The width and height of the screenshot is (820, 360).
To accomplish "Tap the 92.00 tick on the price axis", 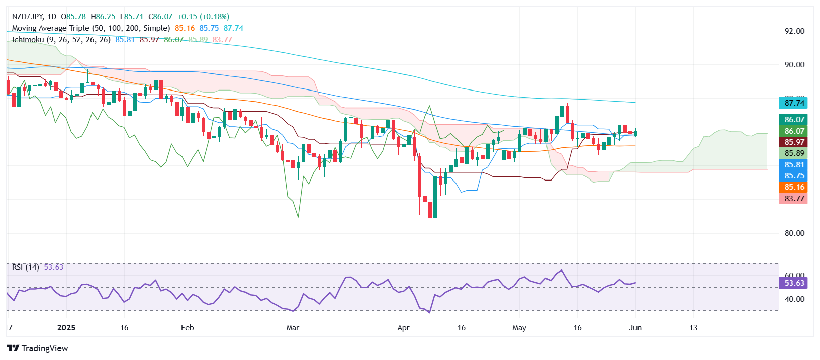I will point(794,31).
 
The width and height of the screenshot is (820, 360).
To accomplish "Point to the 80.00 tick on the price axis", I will point(794,233).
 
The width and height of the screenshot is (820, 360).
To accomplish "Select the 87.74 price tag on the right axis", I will point(794,103).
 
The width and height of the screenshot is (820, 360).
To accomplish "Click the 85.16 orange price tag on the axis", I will point(794,187).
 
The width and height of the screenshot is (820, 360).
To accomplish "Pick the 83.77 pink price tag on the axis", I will point(794,199).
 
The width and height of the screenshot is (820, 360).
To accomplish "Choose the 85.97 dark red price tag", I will point(794,142).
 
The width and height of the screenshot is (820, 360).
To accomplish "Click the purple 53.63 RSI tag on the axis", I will point(794,283).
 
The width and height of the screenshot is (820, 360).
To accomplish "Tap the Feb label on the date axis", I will point(187,328).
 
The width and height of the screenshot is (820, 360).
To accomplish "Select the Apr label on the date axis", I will point(403,328).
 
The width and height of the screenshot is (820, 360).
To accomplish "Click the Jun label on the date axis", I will point(635,328).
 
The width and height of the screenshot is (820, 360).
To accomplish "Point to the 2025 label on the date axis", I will point(66,328).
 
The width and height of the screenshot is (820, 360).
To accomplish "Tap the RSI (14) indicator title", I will point(26,267).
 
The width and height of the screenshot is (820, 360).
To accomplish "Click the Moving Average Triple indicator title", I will point(90,28).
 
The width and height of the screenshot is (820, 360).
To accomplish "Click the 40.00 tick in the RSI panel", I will point(794,299).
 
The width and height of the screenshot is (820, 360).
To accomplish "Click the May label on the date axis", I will point(519,328).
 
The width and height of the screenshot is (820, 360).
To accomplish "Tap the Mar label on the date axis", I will point(293,328).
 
